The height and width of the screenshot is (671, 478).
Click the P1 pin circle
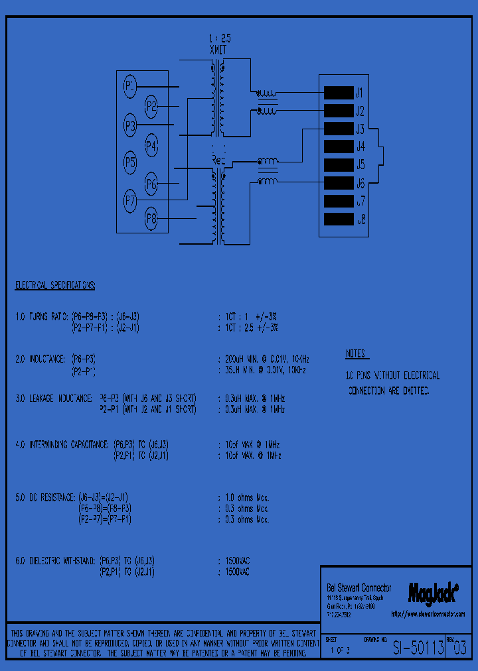(x=130, y=86)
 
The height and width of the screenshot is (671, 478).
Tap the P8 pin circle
(x=151, y=217)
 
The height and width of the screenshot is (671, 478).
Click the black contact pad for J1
(x=338, y=93)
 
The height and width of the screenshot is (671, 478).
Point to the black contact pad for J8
(x=338, y=219)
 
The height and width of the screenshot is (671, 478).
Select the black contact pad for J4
(x=338, y=147)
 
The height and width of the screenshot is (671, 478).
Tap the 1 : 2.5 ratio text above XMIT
(x=219, y=39)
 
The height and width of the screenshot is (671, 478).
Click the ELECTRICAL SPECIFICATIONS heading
(x=55, y=286)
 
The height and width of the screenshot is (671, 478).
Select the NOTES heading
(x=357, y=353)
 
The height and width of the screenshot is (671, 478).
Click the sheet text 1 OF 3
(x=339, y=650)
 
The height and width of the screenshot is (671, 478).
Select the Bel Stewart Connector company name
(x=358, y=588)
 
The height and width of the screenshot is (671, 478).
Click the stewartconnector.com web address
(x=428, y=615)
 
